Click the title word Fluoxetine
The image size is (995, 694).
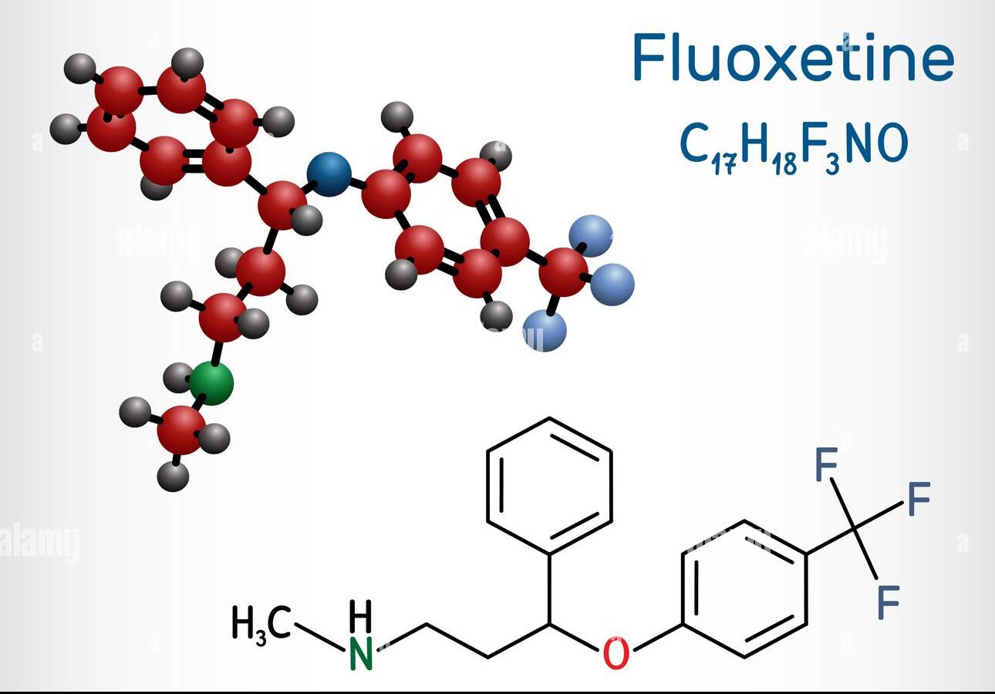click(794, 57)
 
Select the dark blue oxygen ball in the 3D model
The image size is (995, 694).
click(329, 174)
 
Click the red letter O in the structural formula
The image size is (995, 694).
click(616, 652)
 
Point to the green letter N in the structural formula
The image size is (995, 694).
click(361, 653)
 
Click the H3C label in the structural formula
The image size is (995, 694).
click(261, 623)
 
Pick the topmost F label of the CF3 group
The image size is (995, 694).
click(827, 464)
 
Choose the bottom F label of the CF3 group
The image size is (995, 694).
click(889, 602)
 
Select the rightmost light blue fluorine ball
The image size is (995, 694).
click(613, 285)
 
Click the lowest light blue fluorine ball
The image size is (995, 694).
click(545, 330)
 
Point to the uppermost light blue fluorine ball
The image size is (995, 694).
click(592, 236)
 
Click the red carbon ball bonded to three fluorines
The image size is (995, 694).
click(563, 272)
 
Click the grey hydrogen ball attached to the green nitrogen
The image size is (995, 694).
click(178, 378)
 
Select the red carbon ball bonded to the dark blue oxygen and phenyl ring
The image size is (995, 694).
click(282, 205)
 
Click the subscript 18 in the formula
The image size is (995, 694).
click(784, 162)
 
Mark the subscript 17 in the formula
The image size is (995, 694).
click(724, 162)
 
